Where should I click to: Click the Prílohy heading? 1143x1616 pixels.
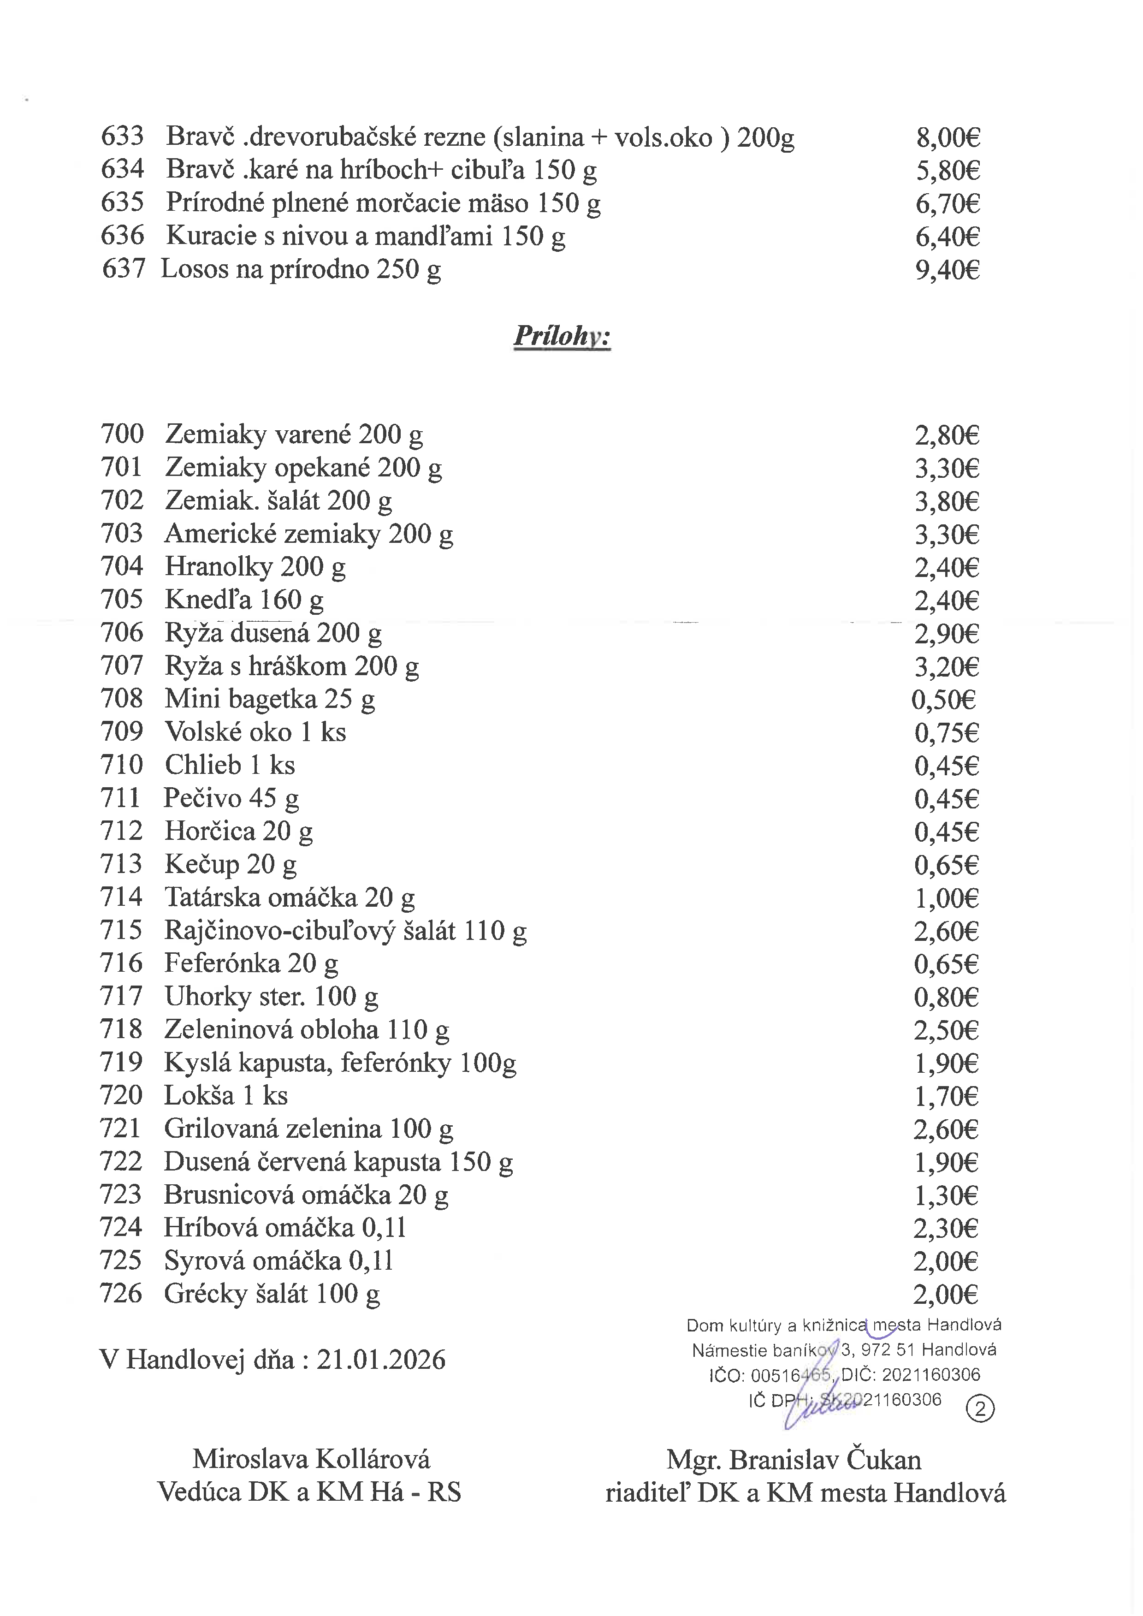[562, 336]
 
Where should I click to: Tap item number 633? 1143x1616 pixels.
[123, 136]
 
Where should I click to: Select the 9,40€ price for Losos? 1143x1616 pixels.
[948, 270]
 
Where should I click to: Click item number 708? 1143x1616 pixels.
[122, 699]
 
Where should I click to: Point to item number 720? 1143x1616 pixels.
[121, 1095]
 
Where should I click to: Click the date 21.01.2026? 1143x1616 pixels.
[381, 1360]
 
